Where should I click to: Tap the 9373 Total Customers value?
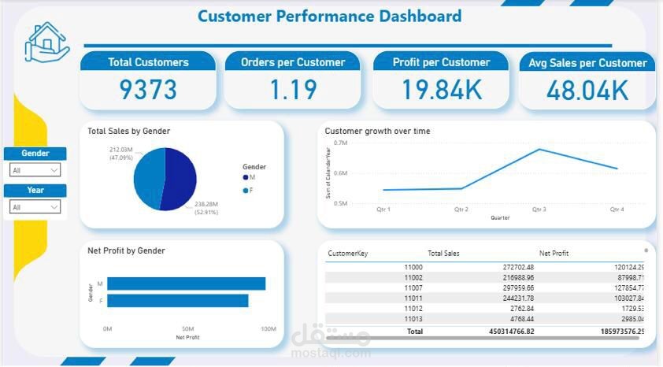[x=148, y=91]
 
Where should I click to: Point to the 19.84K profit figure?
[x=441, y=91]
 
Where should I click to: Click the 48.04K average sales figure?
[x=587, y=91]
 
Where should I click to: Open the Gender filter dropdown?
[x=35, y=170]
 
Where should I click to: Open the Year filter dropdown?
[x=35, y=207]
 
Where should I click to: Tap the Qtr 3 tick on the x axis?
[x=539, y=209]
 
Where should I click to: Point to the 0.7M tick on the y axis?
[x=340, y=143]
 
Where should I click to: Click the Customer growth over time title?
[x=377, y=132]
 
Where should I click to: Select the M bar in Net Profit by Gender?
[x=186, y=284]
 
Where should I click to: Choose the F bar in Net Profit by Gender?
[x=177, y=301]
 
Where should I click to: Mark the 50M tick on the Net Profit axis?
[x=187, y=328]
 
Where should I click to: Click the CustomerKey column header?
[x=347, y=254]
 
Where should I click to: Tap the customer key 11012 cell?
[x=413, y=309]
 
